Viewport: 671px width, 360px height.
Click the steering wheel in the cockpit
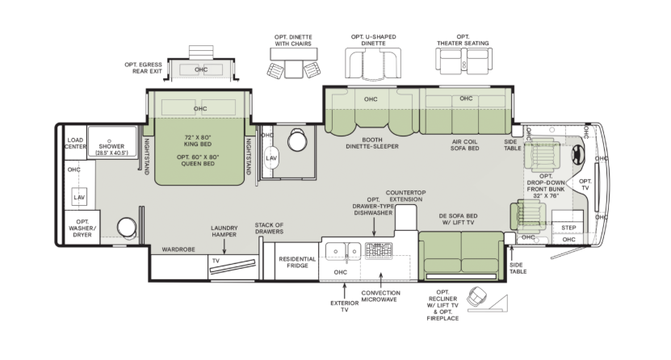[x=577, y=155]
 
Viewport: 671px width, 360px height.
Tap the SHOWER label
[x=111, y=146]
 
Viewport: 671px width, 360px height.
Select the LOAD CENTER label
[x=75, y=143]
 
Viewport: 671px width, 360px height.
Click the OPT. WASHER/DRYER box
[x=82, y=228]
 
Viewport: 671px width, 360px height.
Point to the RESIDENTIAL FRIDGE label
[x=297, y=262]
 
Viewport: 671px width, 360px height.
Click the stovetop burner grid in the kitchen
[x=379, y=250]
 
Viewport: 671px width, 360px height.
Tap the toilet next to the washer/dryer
[x=127, y=227]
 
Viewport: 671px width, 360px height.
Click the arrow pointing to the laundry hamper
[x=224, y=247]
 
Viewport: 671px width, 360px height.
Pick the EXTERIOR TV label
[x=345, y=306]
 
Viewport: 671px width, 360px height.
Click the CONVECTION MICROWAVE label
[x=381, y=296]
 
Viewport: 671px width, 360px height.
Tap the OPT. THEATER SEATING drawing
[x=463, y=60]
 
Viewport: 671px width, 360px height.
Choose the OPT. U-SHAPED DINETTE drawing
[x=373, y=63]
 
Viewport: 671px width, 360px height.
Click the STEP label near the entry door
[x=568, y=228]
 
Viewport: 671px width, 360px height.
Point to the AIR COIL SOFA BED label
[x=465, y=145]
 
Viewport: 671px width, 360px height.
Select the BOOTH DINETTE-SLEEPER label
[x=372, y=143]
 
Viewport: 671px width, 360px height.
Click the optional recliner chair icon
[x=477, y=296]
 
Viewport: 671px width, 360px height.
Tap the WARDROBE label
[x=178, y=249]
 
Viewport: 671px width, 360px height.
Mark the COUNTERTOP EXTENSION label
[x=406, y=196]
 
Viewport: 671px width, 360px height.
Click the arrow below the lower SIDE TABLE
[x=511, y=253]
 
